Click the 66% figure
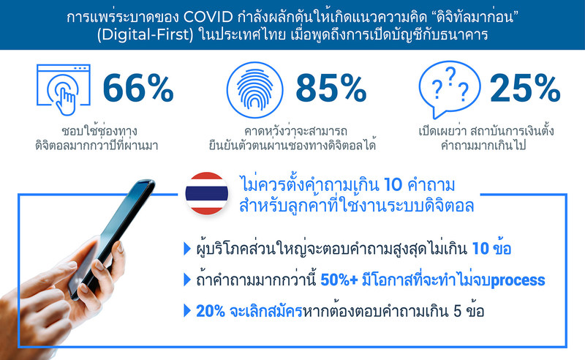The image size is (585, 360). click(x=138, y=88)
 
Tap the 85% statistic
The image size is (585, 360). click(x=331, y=88)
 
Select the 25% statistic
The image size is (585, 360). click(x=525, y=88)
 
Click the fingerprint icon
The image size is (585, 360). click(x=254, y=90)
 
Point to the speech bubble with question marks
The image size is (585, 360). click(x=449, y=89)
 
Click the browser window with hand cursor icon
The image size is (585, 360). click(x=64, y=89)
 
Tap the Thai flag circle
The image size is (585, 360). click(x=207, y=193)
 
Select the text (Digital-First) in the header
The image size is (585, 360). click(x=145, y=34)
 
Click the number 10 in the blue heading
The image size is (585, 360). click(x=393, y=185)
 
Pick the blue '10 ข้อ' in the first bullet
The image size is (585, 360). click(x=491, y=249)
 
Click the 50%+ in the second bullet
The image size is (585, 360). click(x=339, y=280)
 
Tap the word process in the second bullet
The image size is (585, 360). click(x=518, y=280)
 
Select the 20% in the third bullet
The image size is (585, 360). click(x=211, y=311)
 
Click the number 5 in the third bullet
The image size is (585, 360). click(x=458, y=311)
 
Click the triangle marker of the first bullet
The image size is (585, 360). click(x=187, y=249)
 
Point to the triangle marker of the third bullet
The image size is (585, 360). click(x=187, y=311)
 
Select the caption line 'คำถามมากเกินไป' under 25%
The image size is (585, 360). click(x=483, y=145)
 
